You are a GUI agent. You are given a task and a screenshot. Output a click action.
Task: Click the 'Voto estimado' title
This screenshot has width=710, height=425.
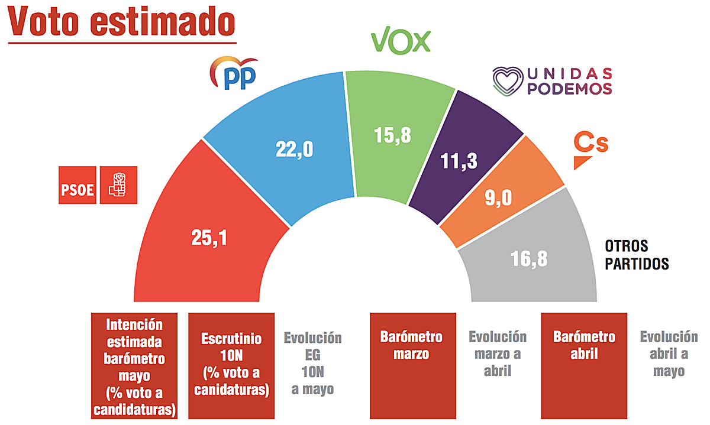(121, 22)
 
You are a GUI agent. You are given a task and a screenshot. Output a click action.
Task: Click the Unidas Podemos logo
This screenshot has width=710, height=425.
(552, 82)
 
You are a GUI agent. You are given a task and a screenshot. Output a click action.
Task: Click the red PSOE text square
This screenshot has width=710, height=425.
(77, 185)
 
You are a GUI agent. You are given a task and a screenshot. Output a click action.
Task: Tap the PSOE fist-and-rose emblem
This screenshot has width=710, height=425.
(118, 185)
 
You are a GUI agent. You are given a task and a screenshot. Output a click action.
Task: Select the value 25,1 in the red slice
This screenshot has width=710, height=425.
(209, 238)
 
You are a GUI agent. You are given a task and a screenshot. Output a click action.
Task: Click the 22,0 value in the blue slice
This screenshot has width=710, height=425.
(294, 150)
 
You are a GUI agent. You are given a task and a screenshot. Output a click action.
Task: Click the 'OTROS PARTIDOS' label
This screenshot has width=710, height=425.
(636, 254)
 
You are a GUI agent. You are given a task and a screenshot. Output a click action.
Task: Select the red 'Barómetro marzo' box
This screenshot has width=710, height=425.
(411, 365)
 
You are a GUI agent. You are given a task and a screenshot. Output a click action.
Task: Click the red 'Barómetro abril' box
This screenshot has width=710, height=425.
(584, 365)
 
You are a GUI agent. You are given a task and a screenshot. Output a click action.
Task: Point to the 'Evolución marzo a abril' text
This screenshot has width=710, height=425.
(497, 353)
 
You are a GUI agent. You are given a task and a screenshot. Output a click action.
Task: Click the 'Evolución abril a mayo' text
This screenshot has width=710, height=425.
(669, 353)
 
